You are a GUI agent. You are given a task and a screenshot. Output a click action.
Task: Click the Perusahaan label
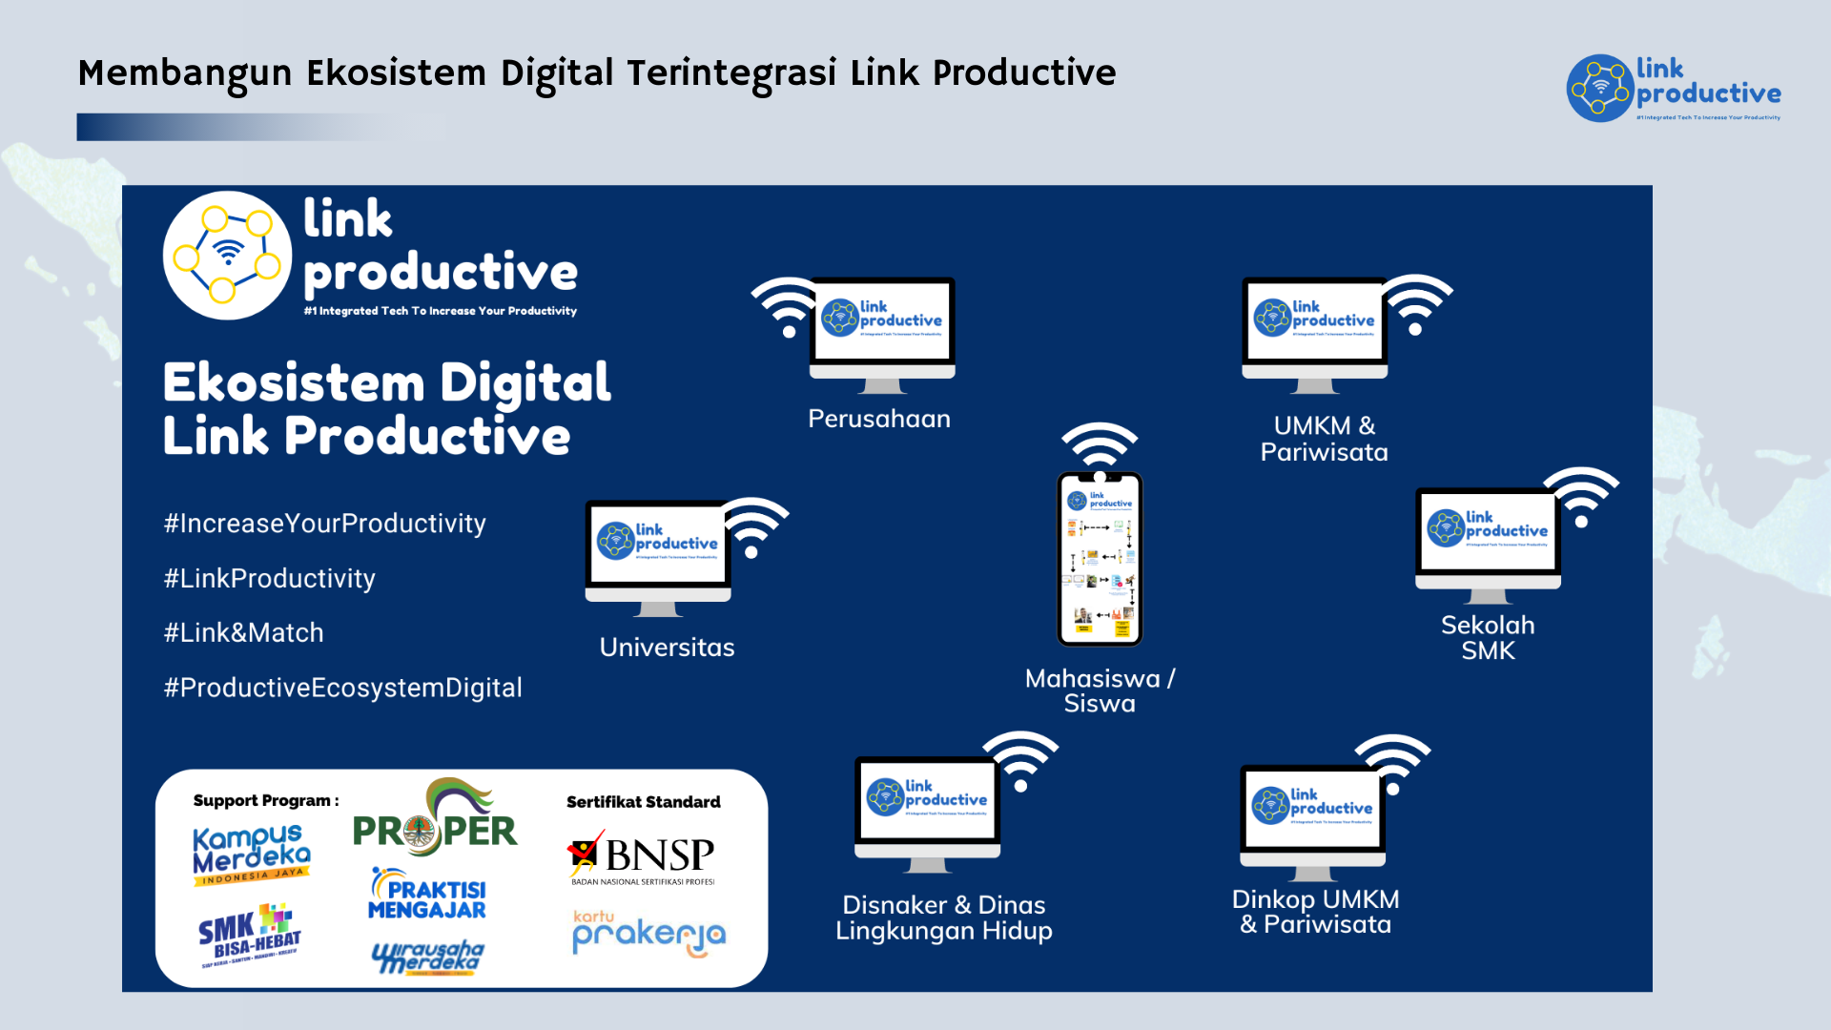(x=878, y=419)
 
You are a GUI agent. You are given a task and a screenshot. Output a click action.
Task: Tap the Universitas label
(x=667, y=648)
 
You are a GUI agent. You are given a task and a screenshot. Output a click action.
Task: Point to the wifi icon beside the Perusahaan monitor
(x=786, y=305)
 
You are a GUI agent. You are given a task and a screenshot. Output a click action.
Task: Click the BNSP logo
(x=642, y=857)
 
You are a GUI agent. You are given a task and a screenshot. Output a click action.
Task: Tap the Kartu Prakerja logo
(x=648, y=932)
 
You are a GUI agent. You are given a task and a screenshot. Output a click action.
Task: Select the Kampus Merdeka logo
(x=251, y=855)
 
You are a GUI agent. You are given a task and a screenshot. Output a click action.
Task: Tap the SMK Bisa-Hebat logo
(x=250, y=936)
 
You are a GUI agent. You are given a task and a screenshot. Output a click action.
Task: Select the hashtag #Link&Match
(x=244, y=633)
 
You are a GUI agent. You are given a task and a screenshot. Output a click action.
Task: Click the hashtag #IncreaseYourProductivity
(x=324, y=524)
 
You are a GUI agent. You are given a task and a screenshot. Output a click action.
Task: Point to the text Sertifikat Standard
(x=643, y=802)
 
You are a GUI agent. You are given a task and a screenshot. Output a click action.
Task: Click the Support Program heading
(x=265, y=801)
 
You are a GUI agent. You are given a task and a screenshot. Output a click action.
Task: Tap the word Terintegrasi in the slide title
(x=731, y=73)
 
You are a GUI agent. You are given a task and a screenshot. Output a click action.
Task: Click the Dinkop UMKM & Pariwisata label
(x=1315, y=912)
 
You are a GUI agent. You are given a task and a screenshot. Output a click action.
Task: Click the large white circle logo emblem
(x=227, y=255)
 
